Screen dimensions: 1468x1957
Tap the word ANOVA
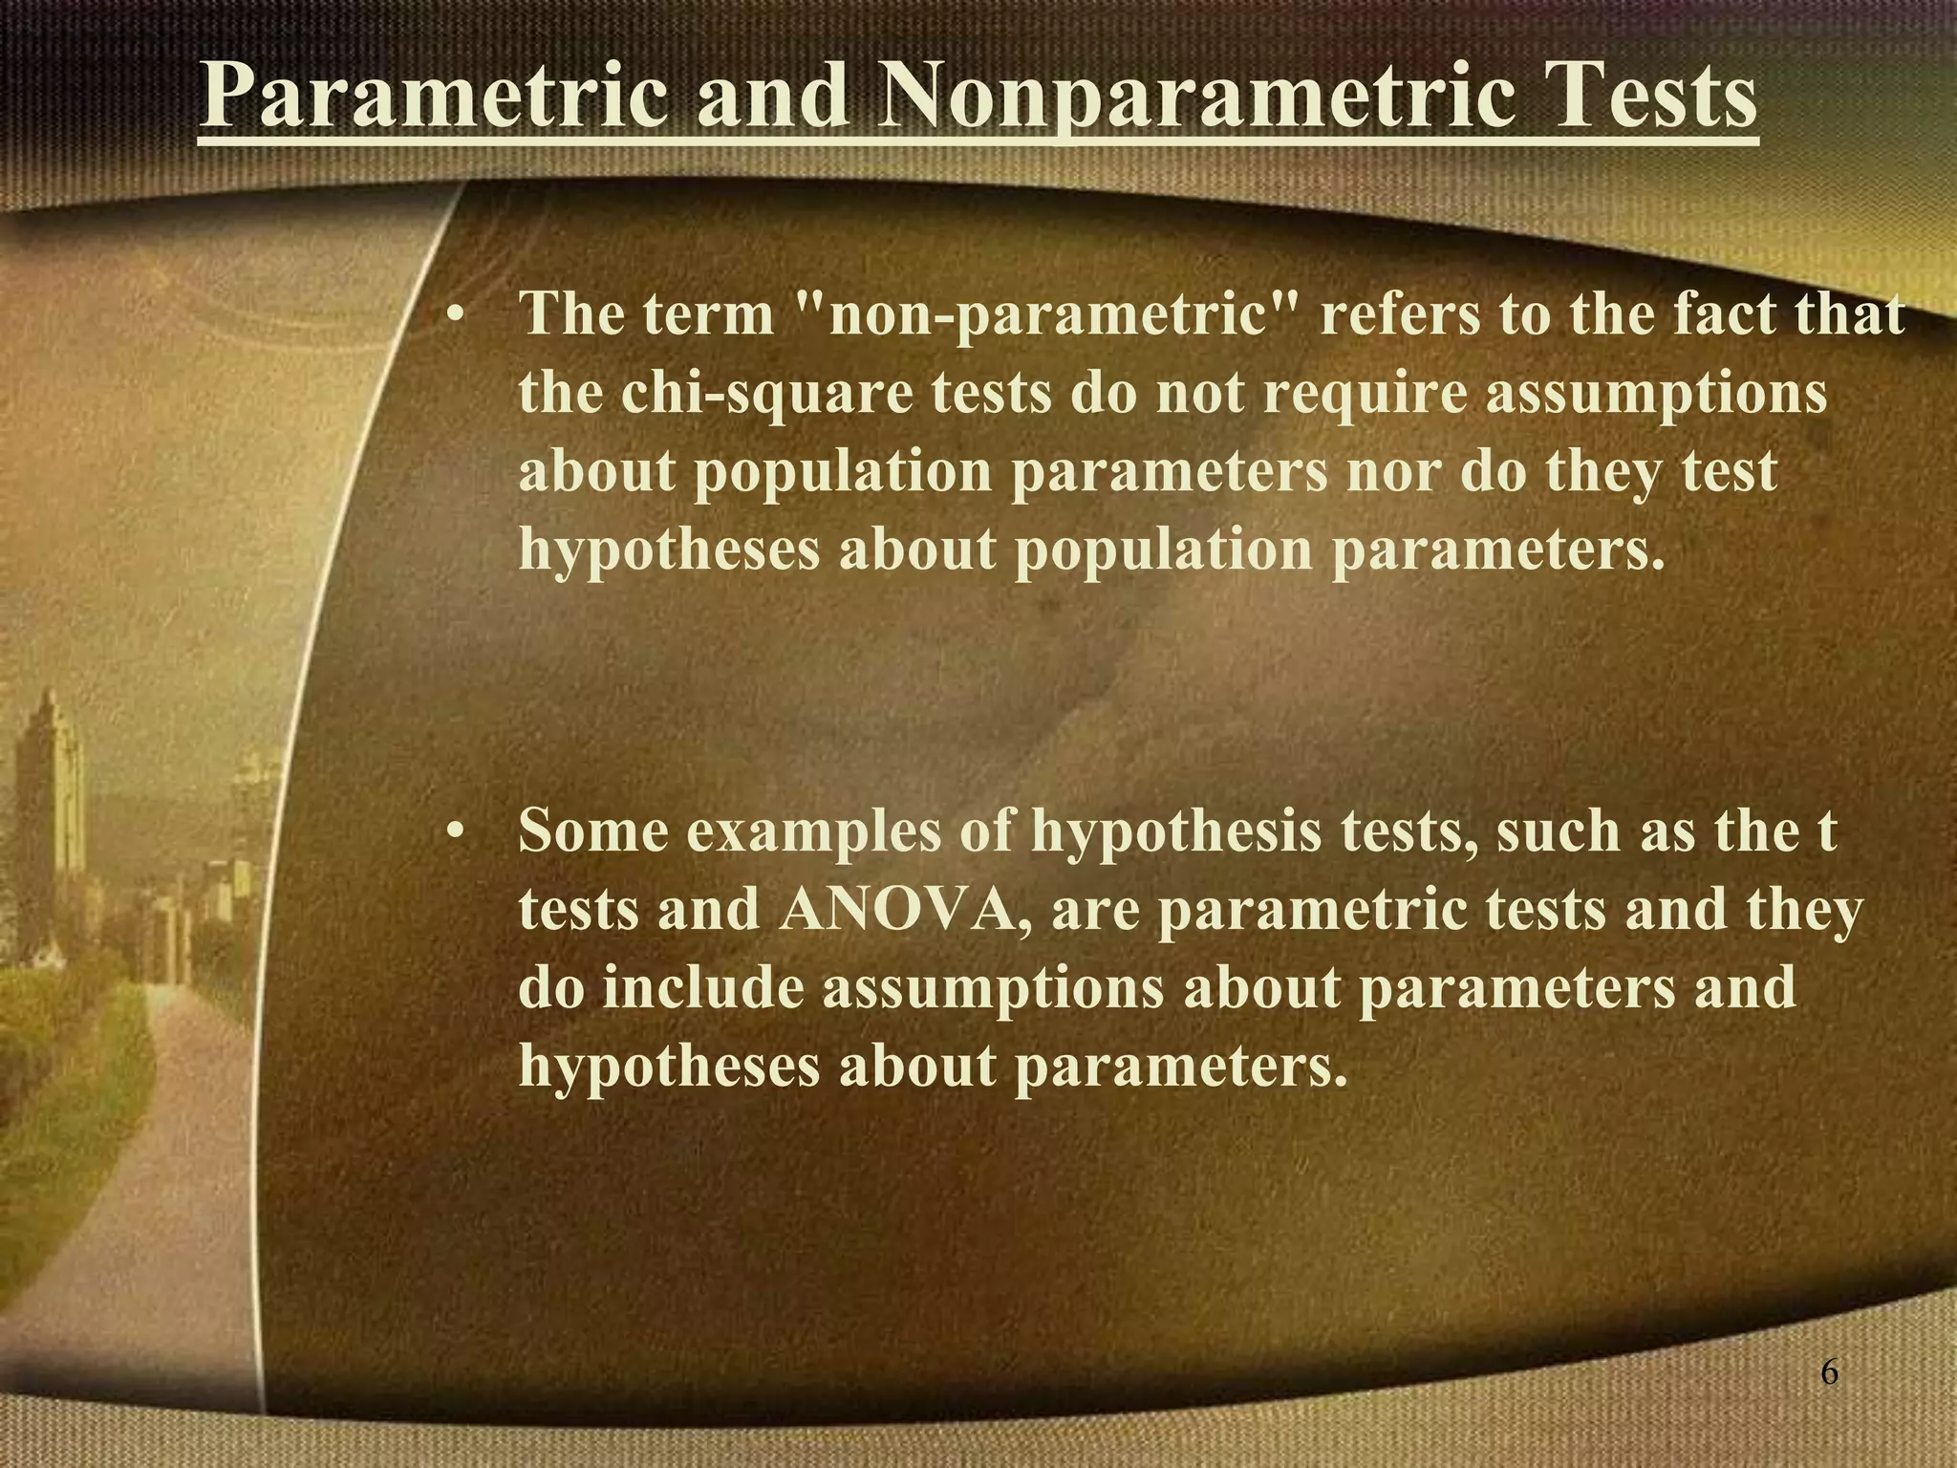[x=897, y=910]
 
